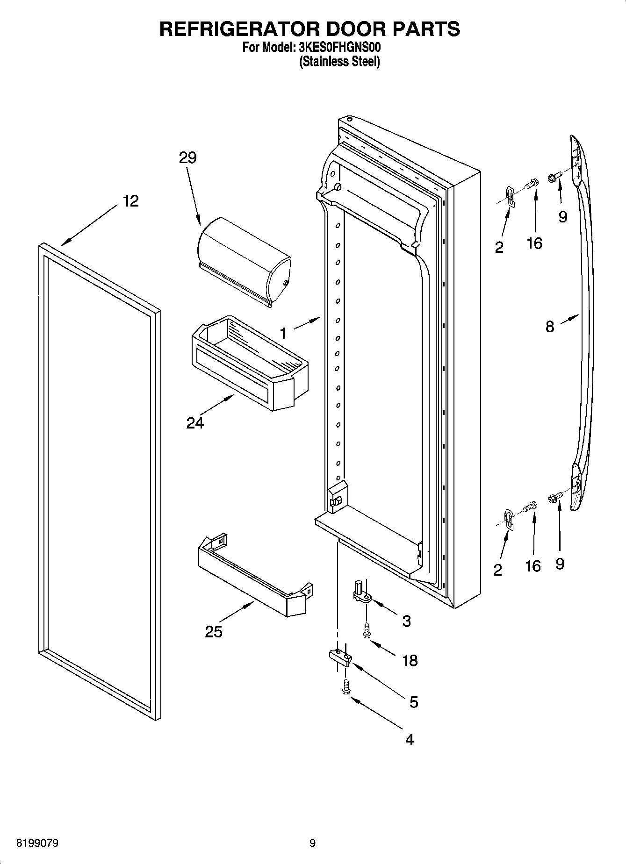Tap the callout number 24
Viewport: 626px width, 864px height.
[195, 423]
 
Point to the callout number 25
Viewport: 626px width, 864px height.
[214, 632]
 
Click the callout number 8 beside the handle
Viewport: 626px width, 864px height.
[550, 326]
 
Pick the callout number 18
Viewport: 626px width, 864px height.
[410, 660]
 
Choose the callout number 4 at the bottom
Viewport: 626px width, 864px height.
[409, 740]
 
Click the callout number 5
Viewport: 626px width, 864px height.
[413, 702]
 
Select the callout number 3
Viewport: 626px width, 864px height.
[406, 621]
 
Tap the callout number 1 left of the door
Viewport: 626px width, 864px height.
[283, 333]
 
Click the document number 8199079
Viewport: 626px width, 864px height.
[37, 843]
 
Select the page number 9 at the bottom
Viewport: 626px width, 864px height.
[312, 843]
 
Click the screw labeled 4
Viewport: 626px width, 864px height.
[346, 687]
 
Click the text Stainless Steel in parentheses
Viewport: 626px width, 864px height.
[339, 61]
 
